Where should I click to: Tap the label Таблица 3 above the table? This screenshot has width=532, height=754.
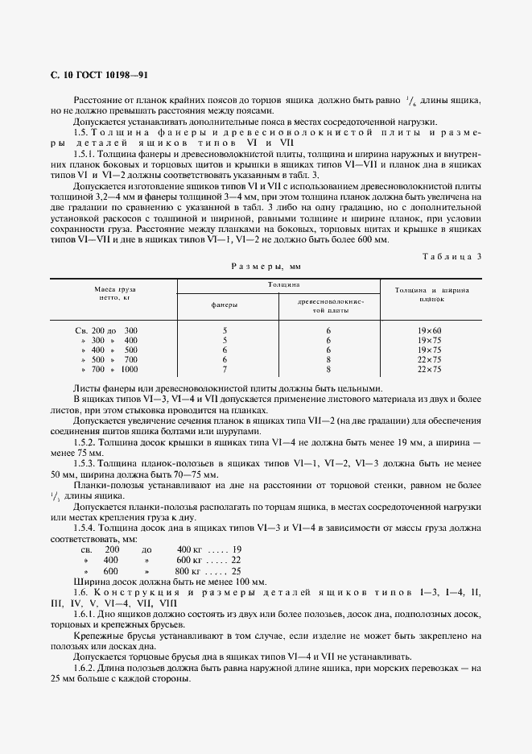point(452,256)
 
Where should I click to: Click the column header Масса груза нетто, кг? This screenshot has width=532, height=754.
point(115,292)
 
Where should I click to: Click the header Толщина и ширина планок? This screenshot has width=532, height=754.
point(431,292)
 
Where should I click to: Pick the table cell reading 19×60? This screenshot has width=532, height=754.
point(431,330)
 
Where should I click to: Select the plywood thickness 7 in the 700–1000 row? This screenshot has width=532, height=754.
point(225,369)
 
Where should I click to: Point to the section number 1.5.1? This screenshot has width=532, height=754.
point(85,152)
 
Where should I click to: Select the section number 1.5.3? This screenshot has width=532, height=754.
point(85,463)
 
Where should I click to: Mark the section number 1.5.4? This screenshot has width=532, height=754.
point(85,526)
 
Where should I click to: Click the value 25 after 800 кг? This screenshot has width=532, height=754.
point(236,570)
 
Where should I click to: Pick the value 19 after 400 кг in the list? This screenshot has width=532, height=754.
point(236,548)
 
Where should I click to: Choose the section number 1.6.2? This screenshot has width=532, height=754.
point(85,668)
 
